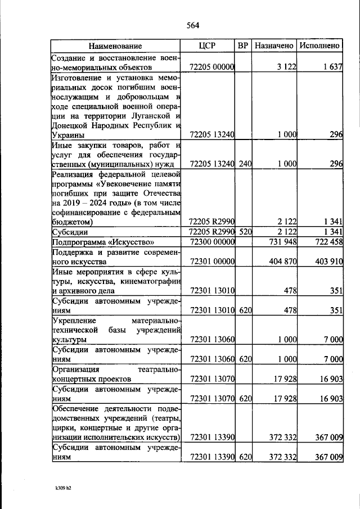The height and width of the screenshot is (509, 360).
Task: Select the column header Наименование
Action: tap(115, 46)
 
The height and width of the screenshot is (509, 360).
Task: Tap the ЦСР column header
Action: tap(208, 46)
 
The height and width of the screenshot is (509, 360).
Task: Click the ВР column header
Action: tap(244, 46)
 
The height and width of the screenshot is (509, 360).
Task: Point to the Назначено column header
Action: tap(274, 46)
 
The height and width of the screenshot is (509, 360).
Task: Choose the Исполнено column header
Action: tap(319, 46)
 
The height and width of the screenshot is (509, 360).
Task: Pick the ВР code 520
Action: tap(244, 232)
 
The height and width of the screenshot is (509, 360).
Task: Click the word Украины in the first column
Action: tap(68, 135)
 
